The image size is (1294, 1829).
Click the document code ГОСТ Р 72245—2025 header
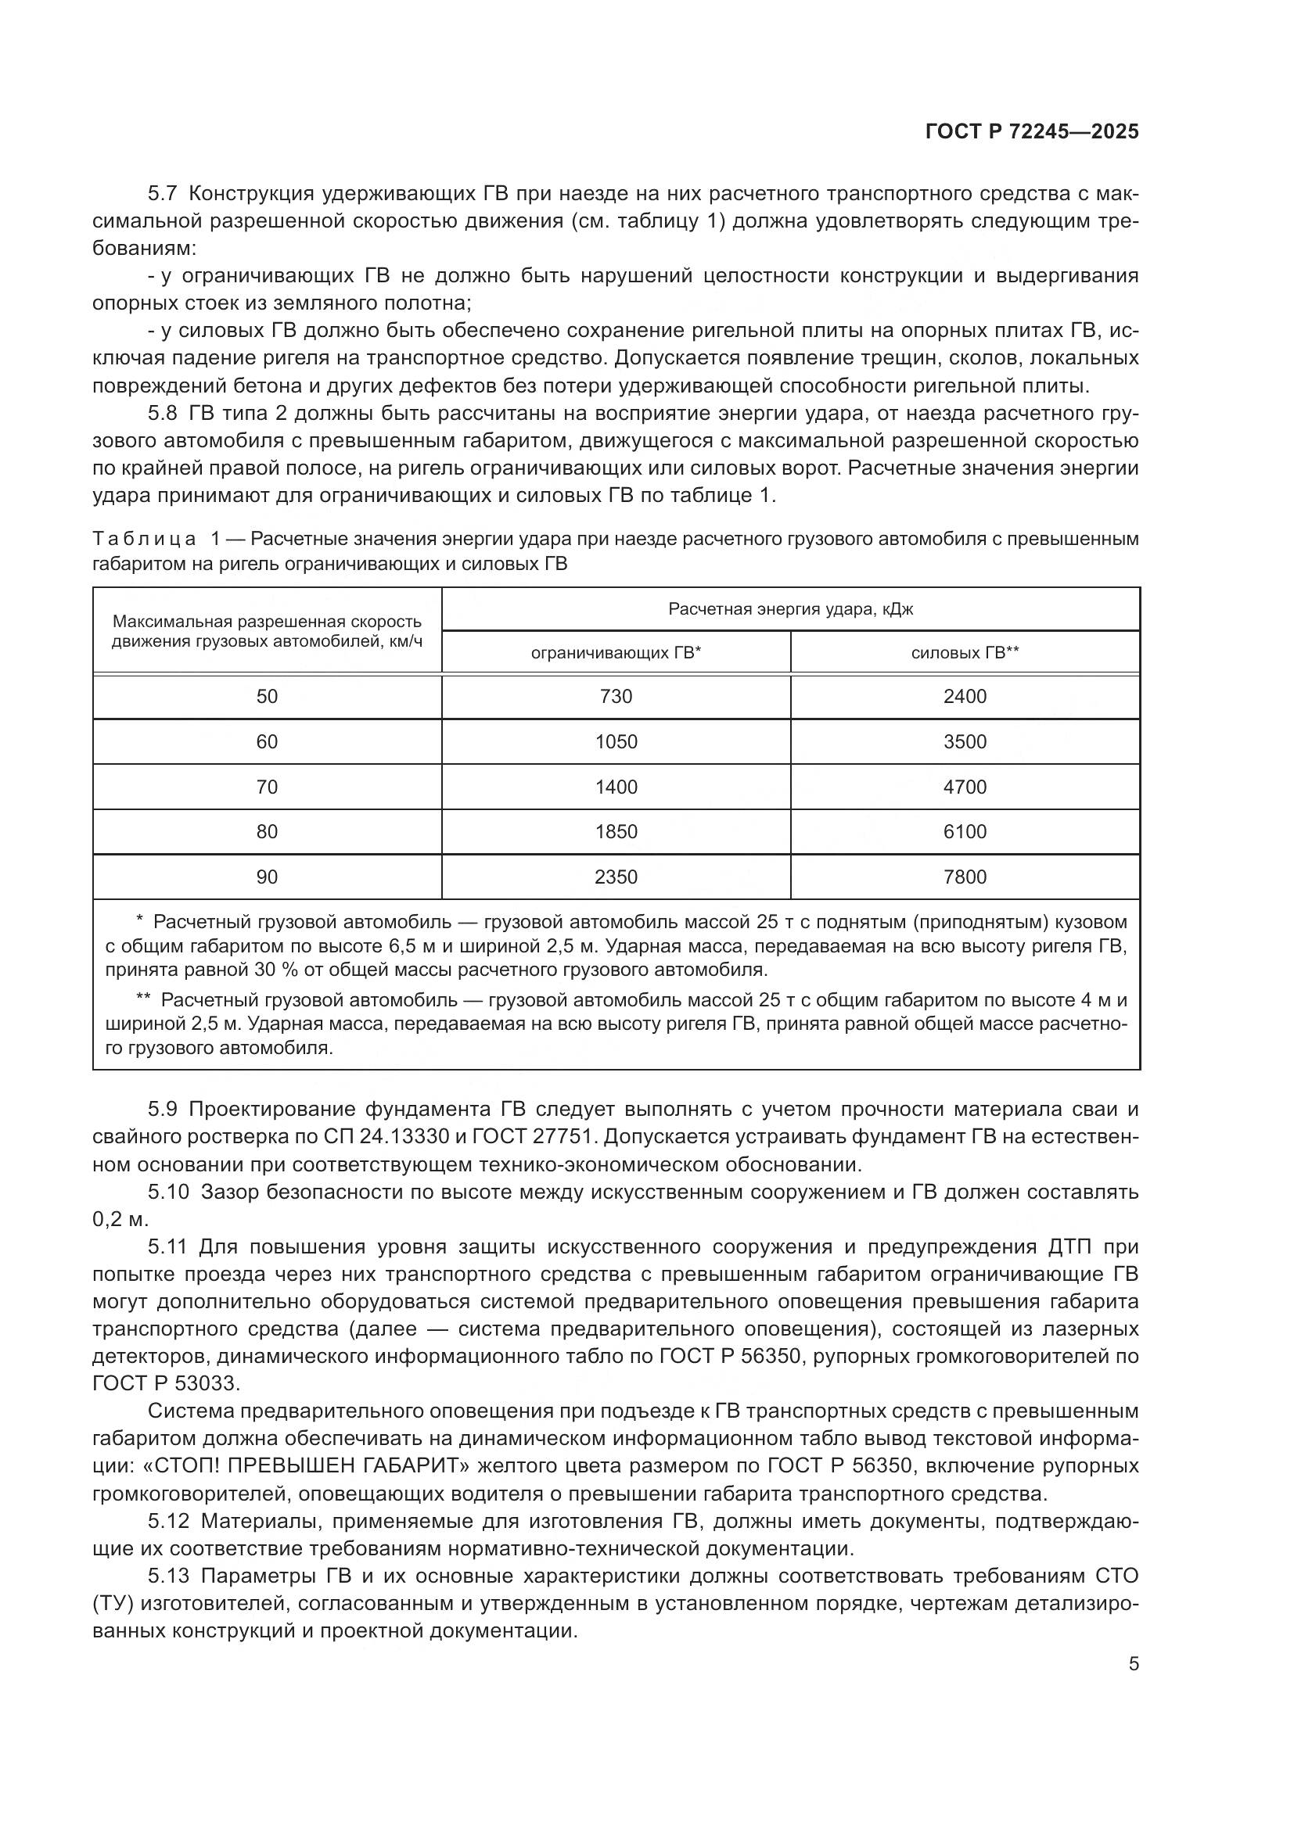pos(1032,132)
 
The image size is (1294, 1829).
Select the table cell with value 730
pos(616,697)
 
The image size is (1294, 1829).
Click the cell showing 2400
pos(964,697)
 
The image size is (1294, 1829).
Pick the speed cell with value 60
pos(267,742)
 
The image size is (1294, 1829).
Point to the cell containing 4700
pos(964,787)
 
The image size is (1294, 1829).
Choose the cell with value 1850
pos(616,832)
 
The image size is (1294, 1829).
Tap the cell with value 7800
pos(964,877)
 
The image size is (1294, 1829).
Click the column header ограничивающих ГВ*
pos(616,653)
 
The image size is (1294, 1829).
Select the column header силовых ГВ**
pos(965,653)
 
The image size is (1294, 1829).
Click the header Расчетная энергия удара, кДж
pos(790,609)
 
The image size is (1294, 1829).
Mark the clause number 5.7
pos(164,194)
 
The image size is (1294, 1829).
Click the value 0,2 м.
pos(120,1220)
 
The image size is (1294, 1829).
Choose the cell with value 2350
pos(616,877)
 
